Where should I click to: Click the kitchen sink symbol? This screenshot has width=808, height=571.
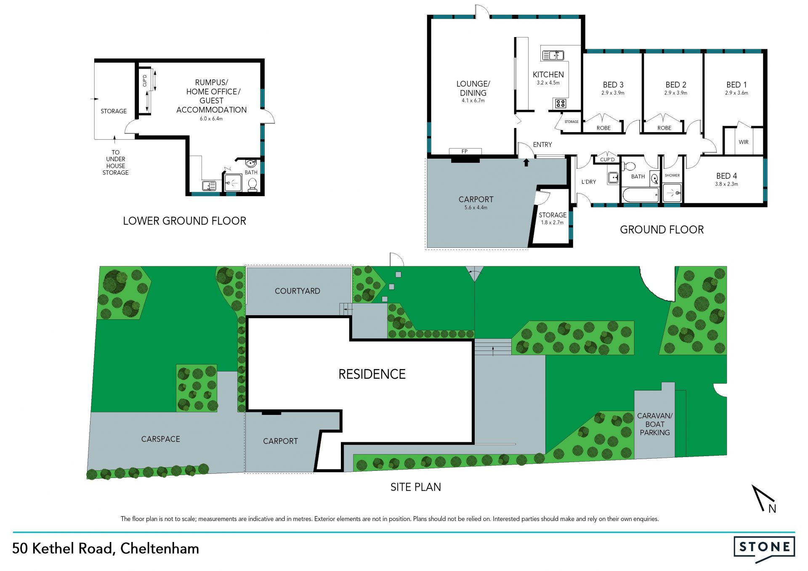(x=553, y=55)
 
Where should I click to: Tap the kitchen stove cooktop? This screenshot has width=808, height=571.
(x=561, y=103)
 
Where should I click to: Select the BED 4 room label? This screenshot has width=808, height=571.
(x=726, y=176)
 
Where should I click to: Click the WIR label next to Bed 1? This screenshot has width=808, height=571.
(x=744, y=142)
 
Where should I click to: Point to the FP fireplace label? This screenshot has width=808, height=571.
(x=465, y=151)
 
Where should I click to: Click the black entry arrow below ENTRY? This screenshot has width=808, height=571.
(x=526, y=162)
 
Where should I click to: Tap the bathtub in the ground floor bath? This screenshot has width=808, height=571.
(x=641, y=195)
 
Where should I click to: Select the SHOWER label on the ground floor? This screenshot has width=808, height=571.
(x=672, y=175)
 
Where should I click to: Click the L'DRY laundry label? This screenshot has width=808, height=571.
(x=589, y=182)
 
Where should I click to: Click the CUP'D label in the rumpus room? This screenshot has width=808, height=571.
(x=145, y=80)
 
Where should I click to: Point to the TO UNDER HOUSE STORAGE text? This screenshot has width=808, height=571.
(x=115, y=162)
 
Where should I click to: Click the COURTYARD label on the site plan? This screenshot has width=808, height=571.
(x=297, y=291)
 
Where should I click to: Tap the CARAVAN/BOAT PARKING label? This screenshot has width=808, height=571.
(x=655, y=424)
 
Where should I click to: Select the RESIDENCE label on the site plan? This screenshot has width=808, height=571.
(x=372, y=374)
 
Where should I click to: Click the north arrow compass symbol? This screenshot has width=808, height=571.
(x=763, y=499)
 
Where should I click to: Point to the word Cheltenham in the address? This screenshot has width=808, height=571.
(x=159, y=549)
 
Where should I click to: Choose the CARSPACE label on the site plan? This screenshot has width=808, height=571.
(x=160, y=439)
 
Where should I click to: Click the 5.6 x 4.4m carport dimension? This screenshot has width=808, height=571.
(x=476, y=207)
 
